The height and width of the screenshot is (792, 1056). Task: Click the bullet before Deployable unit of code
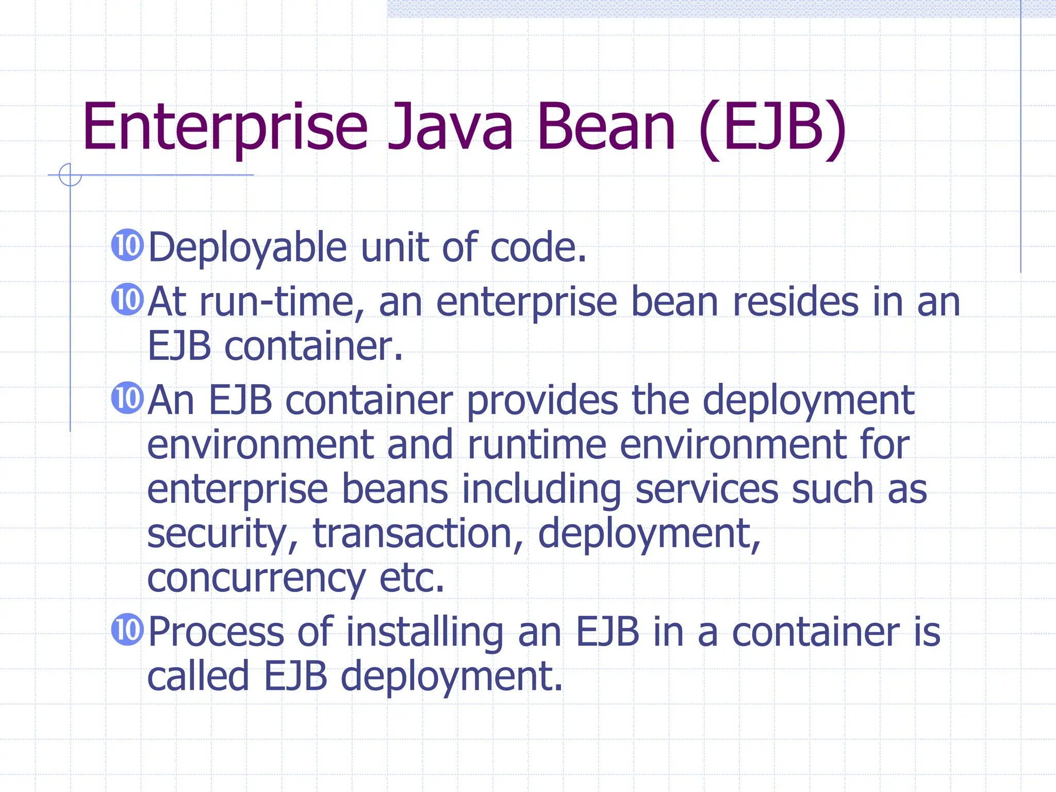[127, 245]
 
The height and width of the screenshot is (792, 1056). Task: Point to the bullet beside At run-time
[127, 300]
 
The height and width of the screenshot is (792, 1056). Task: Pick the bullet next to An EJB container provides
[127, 398]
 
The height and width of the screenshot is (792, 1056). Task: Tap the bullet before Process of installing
[127, 629]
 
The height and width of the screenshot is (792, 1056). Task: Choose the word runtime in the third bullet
[536, 444]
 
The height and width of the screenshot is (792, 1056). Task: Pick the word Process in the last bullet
[216, 632]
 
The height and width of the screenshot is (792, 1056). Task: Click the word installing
[424, 633]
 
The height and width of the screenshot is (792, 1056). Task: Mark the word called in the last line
[199, 676]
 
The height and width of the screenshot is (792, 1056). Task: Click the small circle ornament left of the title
[70, 175]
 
